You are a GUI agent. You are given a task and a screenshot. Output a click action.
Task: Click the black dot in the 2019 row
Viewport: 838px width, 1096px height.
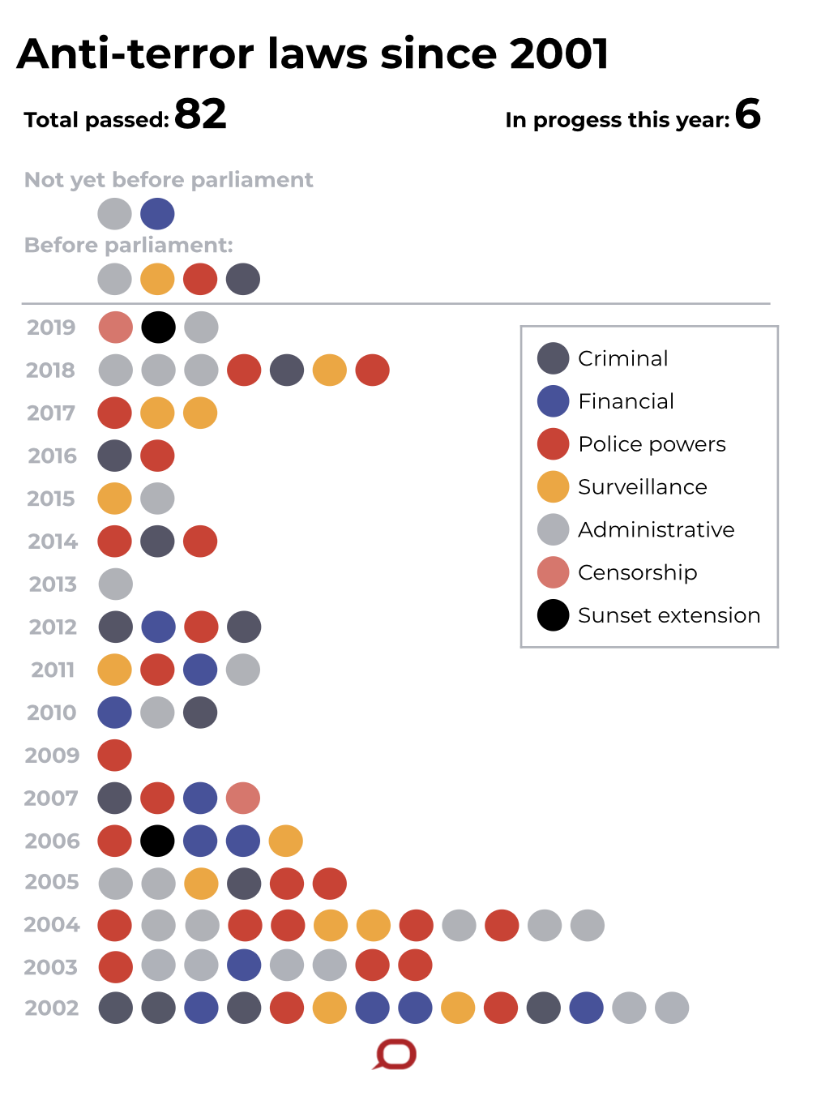point(158,328)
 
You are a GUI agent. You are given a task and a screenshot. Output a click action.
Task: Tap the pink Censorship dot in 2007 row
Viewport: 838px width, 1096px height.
point(243,798)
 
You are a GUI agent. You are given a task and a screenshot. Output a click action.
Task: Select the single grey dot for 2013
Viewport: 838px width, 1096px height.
point(116,584)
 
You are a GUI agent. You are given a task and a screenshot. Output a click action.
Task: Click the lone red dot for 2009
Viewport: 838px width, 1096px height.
point(115,756)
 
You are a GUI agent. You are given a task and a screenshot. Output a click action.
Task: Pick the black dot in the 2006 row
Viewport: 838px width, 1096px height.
point(158,841)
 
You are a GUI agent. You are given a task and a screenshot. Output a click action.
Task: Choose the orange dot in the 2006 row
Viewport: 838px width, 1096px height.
point(286,841)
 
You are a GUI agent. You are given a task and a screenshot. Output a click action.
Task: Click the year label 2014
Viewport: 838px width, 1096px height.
point(53,542)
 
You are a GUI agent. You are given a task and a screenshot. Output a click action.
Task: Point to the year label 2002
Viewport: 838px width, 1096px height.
point(52,1008)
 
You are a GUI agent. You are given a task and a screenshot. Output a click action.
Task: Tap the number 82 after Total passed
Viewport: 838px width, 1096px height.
point(200,114)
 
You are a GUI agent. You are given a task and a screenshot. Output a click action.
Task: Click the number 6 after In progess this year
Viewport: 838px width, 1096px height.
point(747,114)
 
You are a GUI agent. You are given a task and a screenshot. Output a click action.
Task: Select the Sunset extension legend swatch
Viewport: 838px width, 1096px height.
point(554,615)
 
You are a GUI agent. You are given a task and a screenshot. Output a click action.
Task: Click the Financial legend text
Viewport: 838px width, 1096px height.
point(626,401)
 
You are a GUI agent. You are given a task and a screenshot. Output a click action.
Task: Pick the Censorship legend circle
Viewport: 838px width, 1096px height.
point(554,572)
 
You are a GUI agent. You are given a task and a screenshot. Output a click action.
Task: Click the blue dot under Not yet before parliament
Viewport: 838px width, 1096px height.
point(157,214)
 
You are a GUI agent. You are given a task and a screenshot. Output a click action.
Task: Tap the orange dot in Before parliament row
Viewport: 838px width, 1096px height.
point(157,280)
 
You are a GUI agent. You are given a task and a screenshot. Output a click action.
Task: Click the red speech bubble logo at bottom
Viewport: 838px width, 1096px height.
point(395,1055)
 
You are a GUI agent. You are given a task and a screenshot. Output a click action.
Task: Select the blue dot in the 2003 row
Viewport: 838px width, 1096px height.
point(244,965)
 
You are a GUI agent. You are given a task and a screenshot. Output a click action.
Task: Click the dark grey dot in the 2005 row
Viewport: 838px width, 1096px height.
point(244,884)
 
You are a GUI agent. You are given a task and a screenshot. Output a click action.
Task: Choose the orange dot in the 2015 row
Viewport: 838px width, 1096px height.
point(115,499)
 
